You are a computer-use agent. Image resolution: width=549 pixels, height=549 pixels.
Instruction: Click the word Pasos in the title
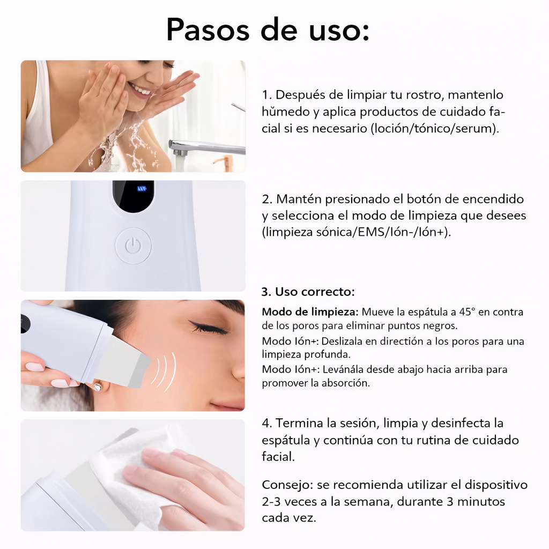tap(208, 30)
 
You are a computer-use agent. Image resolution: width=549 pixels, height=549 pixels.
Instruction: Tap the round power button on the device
tap(133, 246)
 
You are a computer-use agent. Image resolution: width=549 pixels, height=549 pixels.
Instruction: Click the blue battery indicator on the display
tap(142, 188)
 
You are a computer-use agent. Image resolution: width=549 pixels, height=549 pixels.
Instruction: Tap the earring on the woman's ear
tap(97, 388)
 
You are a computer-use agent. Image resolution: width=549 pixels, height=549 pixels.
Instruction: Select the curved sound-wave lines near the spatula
tap(164, 372)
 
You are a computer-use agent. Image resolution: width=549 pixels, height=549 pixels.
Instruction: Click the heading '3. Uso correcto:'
tap(308, 292)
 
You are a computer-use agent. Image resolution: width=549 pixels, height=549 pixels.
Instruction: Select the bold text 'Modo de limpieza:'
tap(310, 312)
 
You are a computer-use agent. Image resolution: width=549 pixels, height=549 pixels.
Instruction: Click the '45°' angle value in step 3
tap(466, 311)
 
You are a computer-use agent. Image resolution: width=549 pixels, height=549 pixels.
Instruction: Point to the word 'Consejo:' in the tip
tap(287, 485)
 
